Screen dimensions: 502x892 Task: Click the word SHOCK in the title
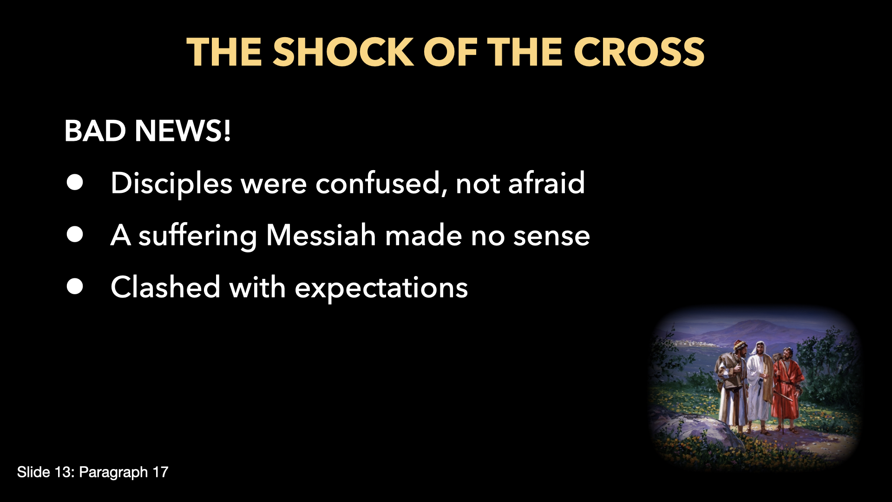coord(343,52)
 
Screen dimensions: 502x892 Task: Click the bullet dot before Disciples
coord(75,183)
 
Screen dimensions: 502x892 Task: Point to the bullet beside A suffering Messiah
coord(75,235)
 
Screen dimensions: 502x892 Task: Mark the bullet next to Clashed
coord(75,287)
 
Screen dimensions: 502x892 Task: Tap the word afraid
coord(546,183)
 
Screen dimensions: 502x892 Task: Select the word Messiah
coord(321,235)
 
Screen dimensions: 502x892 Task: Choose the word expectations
coord(381,288)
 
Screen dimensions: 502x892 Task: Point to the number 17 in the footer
coord(160,472)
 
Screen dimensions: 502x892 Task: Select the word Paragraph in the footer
coord(113,473)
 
